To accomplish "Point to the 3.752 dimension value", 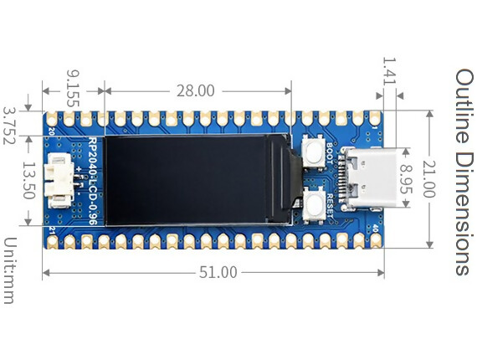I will [x=10, y=125].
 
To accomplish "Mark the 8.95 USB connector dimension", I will [x=407, y=179].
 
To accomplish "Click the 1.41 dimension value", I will [x=388, y=74].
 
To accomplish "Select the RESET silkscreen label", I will [x=331, y=205].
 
